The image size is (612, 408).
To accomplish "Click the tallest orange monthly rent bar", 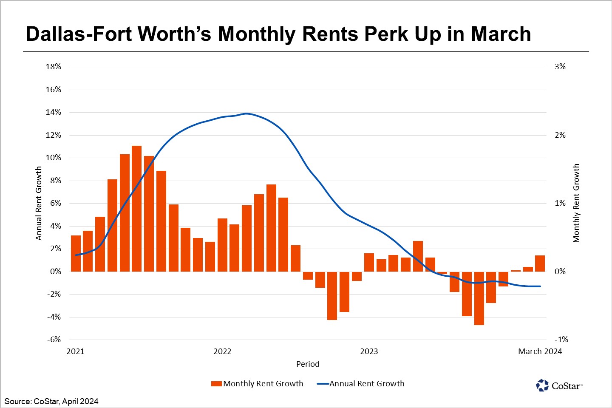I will point(136,208).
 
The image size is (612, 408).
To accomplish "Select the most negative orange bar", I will point(479,298).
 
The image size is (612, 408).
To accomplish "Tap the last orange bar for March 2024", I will point(540,263).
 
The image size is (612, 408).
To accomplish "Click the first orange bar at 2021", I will point(76,253).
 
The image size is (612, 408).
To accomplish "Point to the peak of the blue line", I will point(246,113).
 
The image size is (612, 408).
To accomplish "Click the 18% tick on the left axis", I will point(54,67).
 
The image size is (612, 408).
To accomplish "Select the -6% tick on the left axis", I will point(54,340).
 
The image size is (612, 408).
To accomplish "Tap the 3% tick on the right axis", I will point(560,67).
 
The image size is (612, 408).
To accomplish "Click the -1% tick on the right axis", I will point(561,340).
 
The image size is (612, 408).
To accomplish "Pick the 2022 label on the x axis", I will point(222,351).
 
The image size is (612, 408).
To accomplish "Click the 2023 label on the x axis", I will point(369,351).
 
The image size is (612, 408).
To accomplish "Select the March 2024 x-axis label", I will point(540,351).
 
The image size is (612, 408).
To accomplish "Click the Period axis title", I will point(308,364).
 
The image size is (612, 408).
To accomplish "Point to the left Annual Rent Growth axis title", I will point(39,203).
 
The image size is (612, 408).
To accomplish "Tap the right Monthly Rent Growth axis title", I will point(576,203).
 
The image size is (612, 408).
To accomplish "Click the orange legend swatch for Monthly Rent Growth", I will point(216,384).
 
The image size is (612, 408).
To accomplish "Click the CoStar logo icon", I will point(542,385).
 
